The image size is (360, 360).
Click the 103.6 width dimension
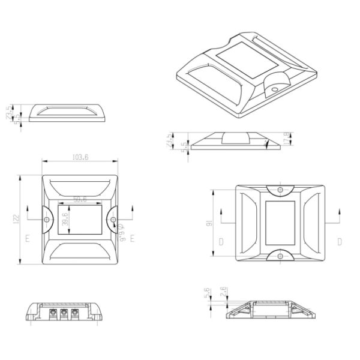(80, 157)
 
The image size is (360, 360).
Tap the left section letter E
(28, 238)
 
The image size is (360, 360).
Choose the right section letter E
(132, 238)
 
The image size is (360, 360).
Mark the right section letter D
(339, 242)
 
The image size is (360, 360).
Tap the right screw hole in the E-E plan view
(112, 220)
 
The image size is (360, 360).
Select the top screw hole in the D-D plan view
(280, 190)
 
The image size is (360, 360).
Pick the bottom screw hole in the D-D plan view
(280, 256)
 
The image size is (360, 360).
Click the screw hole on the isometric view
(275, 88)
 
